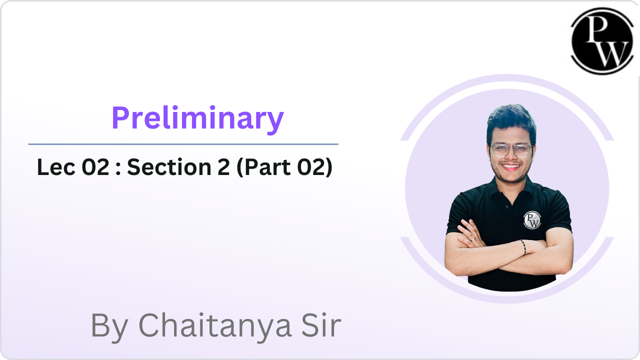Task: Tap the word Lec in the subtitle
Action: [x=56, y=167]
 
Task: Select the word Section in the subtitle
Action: [x=169, y=167]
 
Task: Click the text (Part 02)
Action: [x=284, y=167]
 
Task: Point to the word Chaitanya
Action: [x=215, y=325]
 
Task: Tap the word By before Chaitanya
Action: [x=109, y=327]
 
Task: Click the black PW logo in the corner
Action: [x=602, y=41]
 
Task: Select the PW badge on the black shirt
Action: [x=532, y=220]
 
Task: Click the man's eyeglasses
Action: [x=511, y=150]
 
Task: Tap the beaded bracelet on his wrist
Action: [x=523, y=247]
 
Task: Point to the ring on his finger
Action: [x=473, y=239]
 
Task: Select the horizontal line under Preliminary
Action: [x=183, y=144]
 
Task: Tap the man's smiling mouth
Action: [x=510, y=166]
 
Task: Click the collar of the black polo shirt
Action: [x=510, y=188]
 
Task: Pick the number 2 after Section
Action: [x=223, y=167]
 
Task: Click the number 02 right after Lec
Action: [x=95, y=167]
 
